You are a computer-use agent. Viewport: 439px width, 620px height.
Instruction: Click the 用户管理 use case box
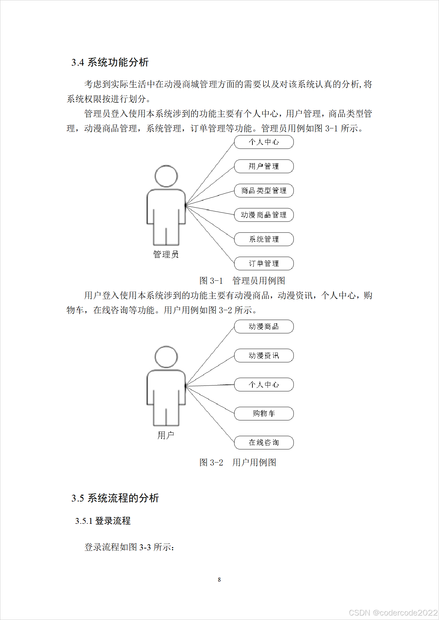tap(264, 166)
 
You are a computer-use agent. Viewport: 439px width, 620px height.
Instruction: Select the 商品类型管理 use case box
tap(264, 191)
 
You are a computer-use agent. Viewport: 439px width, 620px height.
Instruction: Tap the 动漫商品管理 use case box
tap(264, 215)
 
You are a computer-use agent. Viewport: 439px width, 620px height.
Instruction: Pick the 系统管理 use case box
tap(264, 239)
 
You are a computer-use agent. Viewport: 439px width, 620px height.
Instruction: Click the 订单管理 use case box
tap(264, 264)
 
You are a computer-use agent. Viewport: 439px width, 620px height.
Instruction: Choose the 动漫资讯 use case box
tap(264, 356)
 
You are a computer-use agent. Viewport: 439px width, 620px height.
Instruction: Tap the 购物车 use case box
tap(264, 414)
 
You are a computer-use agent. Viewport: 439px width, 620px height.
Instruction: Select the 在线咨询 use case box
tap(264, 443)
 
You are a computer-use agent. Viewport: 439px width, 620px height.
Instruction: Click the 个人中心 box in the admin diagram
tap(264, 142)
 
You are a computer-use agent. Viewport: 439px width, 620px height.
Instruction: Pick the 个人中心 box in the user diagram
tap(264, 385)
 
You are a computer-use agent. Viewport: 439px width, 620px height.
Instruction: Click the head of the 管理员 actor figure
tap(166, 176)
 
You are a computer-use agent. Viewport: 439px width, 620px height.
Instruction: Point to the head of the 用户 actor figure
tap(166, 357)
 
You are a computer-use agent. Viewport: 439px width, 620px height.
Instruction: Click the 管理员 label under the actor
tap(166, 254)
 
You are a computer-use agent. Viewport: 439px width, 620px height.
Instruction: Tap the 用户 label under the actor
tap(166, 435)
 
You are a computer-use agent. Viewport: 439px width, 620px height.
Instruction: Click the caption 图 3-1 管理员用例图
tap(242, 281)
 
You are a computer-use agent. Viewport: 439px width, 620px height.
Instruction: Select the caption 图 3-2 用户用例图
tap(238, 463)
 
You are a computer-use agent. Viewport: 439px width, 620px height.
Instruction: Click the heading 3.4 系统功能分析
tap(110, 62)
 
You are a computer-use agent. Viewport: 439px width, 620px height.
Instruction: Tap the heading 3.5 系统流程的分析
tap(115, 498)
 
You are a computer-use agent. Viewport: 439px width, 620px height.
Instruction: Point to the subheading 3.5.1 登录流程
tap(103, 521)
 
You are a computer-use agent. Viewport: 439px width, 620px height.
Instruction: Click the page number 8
tap(219, 580)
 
